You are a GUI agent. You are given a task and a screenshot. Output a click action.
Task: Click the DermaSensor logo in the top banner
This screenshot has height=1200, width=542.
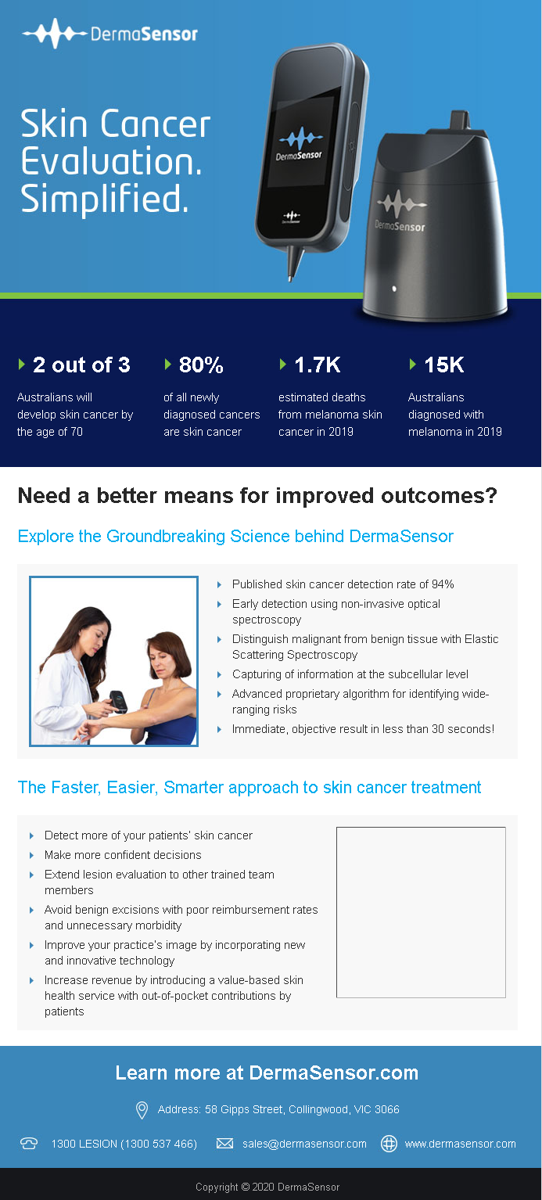(110, 34)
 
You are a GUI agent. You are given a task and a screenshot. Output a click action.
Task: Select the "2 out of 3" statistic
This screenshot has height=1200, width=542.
(81, 365)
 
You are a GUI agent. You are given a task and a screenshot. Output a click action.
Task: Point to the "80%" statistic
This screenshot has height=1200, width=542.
(201, 365)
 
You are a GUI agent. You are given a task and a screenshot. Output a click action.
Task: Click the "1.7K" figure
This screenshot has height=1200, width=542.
(317, 365)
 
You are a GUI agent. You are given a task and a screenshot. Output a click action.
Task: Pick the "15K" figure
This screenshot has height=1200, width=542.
(443, 365)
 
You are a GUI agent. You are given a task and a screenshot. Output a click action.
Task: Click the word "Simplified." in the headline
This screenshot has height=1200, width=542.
(105, 199)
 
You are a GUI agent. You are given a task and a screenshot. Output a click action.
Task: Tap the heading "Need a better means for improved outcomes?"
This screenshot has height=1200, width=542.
(257, 496)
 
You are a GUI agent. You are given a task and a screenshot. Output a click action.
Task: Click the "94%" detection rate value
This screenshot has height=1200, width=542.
(443, 584)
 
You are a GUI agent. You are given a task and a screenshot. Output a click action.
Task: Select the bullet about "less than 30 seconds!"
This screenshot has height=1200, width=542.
(363, 729)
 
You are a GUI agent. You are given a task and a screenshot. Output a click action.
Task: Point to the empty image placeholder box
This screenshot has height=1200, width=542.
(421, 912)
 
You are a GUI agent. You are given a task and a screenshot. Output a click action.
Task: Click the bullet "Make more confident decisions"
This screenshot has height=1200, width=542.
(123, 855)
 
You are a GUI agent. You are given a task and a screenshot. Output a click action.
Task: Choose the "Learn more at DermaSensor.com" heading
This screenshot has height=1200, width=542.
(267, 1072)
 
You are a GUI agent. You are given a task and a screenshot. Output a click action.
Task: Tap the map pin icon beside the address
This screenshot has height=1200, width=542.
(142, 1109)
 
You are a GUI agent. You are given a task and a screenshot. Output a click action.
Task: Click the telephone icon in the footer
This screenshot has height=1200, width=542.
(29, 1144)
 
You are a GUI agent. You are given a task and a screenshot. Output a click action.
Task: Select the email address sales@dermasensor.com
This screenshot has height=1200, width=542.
(304, 1144)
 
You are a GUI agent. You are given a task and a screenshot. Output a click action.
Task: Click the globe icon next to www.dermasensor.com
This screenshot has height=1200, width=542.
(389, 1144)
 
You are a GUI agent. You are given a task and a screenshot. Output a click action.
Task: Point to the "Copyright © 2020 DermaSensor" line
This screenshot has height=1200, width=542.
(267, 1187)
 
